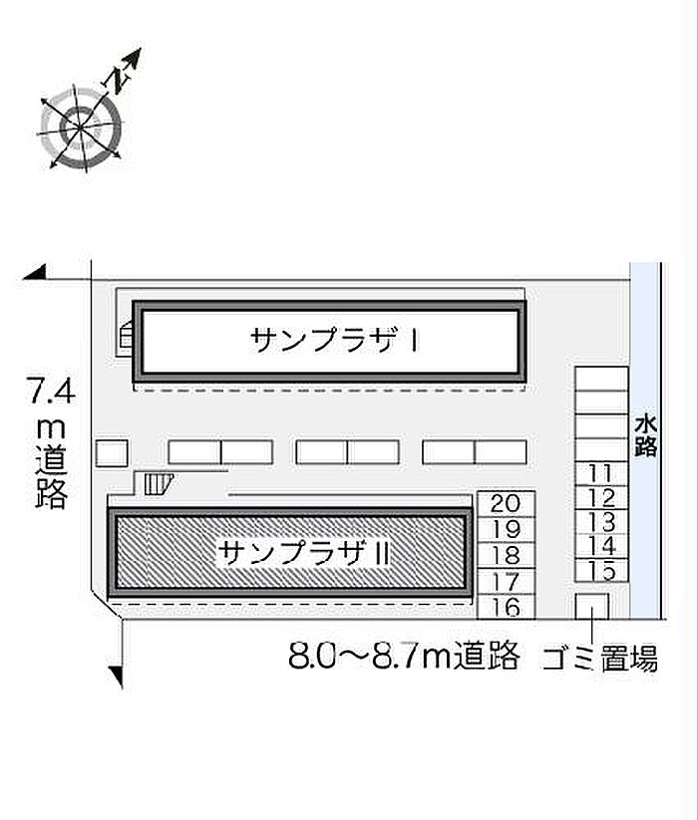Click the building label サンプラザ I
(334, 340)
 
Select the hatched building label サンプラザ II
(304, 553)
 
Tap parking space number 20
(506, 503)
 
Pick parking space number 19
(506, 529)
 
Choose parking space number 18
(506, 555)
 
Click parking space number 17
(506, 582)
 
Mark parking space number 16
(506, 608)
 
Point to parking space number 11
(600, 473)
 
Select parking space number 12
(600, 498)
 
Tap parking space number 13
(600, 522)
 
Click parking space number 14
(600, 546)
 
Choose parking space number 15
(600, 570)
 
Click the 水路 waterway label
(646, 436)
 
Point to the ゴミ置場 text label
(599, 658)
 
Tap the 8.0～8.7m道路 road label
(404, 655)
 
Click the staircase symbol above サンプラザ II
(159, 484)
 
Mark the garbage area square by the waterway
(591, 606)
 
